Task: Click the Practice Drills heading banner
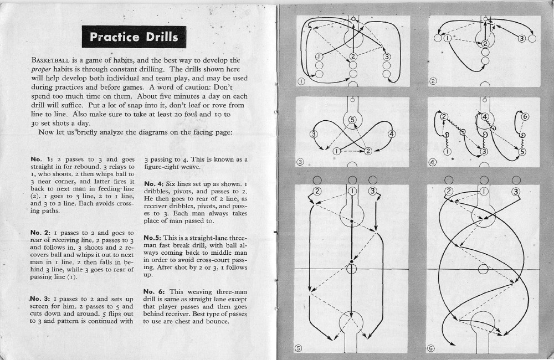(134, 37)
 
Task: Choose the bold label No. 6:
(156, 291)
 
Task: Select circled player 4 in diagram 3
(392, 134)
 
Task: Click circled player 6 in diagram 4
(526, 117)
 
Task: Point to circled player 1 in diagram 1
(319, 56)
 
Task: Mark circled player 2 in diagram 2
(485, 43)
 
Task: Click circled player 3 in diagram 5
(373, 192)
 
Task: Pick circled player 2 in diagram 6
(449, 192)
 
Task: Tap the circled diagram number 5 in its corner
(297, 348)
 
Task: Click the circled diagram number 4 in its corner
(433, 162)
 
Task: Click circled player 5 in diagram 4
(522, 151)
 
